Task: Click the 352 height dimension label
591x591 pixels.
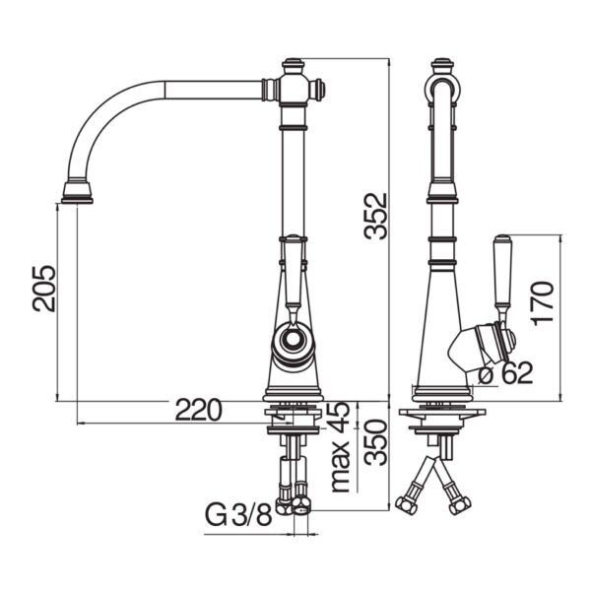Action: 376,216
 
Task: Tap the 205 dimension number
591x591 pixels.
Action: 43,289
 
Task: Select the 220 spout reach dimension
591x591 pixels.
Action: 199,411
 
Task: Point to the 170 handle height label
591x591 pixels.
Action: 542,302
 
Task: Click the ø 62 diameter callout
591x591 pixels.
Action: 506,373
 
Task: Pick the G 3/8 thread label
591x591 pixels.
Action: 238,515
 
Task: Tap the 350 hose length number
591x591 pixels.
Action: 376,442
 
